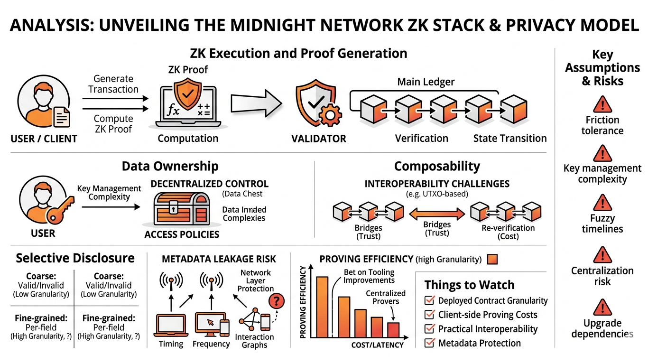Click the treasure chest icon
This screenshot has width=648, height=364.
[181, 209]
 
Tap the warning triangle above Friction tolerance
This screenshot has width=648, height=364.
[602, 103]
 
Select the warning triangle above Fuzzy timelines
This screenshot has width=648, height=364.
[602, 203]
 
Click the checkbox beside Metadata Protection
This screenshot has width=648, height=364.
[430, 343]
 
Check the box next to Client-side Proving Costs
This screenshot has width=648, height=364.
[430, 315]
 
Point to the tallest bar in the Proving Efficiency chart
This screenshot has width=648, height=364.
[322, 306]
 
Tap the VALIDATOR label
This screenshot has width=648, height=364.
[319, 139]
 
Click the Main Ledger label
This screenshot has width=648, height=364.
[426, 82]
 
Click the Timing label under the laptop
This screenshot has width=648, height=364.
[171, 344]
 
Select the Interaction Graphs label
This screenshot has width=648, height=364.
[255, 341]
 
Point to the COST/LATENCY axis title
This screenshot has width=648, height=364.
[377, 345]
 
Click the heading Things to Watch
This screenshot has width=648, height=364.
[469, 285]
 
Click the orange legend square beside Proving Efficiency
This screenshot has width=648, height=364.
[492, 259]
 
